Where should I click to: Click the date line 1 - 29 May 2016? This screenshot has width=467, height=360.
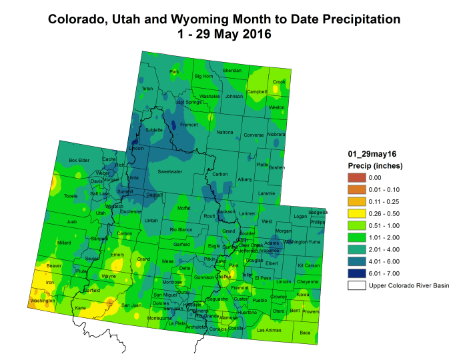[225, 35]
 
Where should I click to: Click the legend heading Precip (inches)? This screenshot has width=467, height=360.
[376, 165]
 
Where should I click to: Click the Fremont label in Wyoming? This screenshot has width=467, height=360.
[189, 125]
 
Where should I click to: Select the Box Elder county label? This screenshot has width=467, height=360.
[79, 161]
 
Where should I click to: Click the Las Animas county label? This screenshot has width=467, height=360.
[270, 330]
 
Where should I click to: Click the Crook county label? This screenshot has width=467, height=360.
[279, 82]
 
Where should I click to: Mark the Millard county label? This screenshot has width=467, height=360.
[64, 243]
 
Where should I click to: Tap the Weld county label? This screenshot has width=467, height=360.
[268, 221]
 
